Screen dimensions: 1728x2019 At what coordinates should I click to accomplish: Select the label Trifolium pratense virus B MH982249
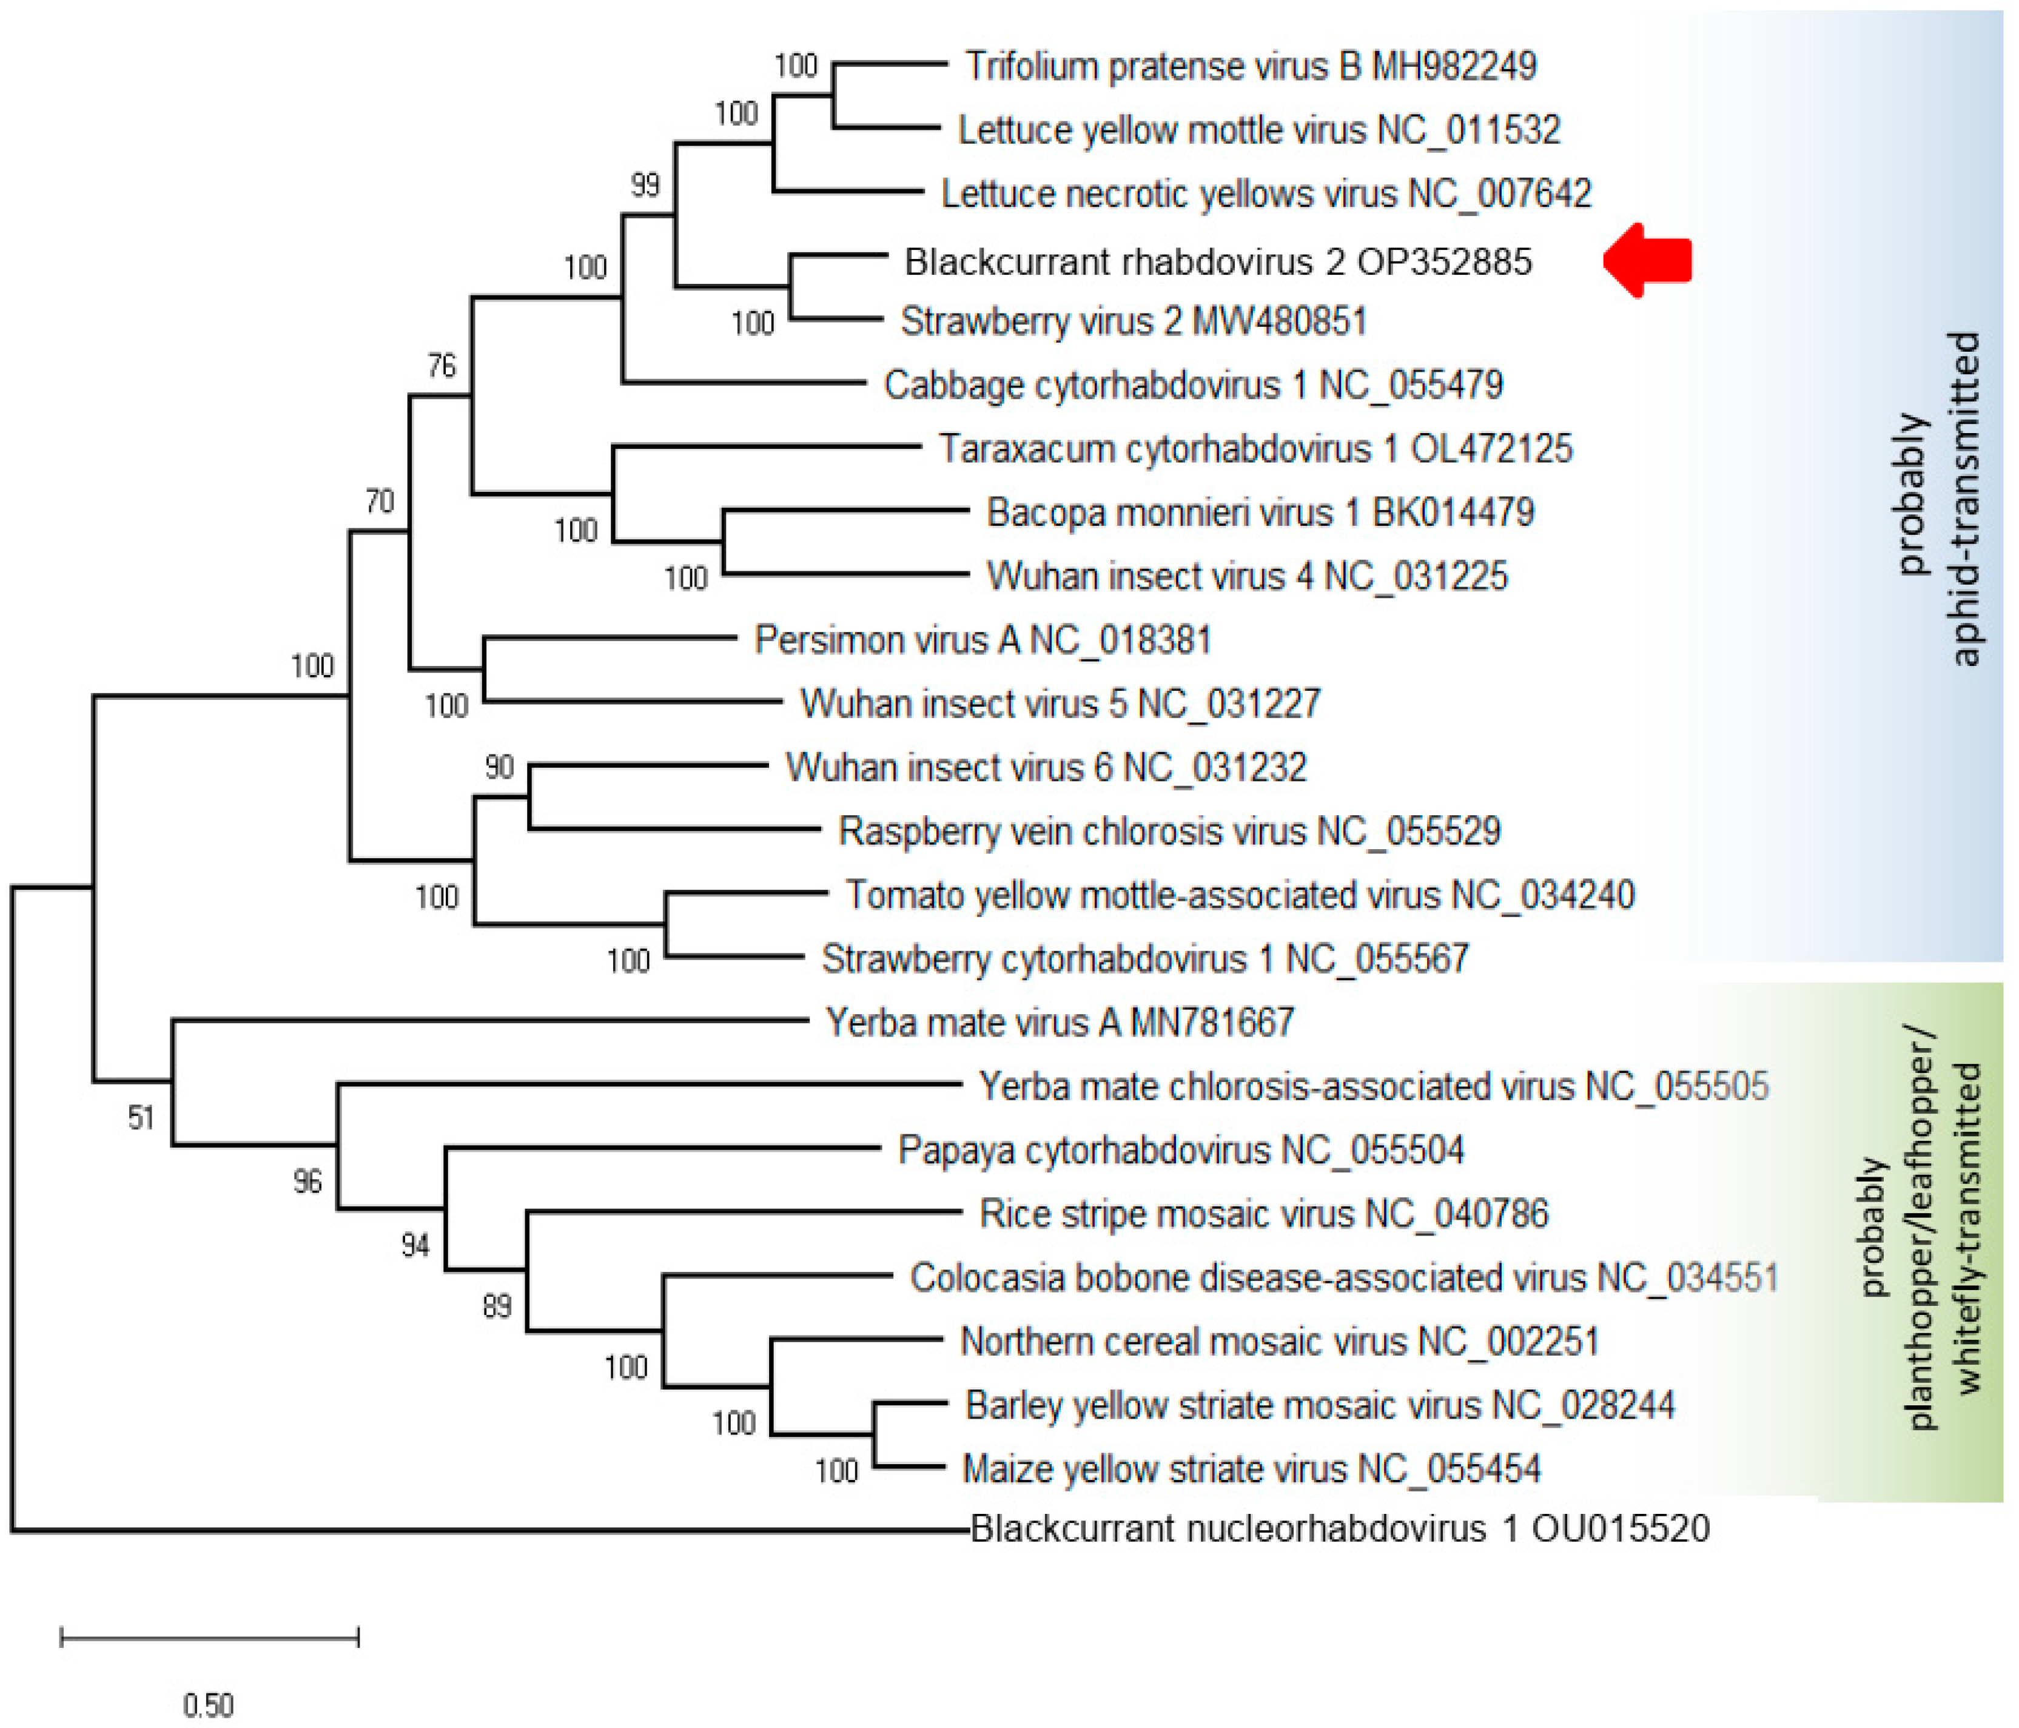point(1250,66)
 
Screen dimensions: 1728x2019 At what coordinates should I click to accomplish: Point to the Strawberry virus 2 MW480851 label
point(1134,321)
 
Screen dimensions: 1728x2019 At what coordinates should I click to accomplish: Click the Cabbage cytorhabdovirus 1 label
point(1193,385)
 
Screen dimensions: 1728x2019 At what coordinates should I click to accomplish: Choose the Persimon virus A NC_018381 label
point(983,640)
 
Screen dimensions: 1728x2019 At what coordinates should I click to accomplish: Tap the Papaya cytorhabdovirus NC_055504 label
point(1180,1150)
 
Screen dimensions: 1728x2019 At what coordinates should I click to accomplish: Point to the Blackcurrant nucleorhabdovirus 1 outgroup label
point(1340,1527)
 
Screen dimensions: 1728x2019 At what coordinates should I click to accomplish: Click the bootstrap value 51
point(141,1118)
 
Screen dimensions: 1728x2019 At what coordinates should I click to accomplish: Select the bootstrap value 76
point(442,366)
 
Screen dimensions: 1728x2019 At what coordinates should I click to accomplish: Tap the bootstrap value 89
point(497,1306)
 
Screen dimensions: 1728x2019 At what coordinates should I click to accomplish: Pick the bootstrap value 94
point(415,1245)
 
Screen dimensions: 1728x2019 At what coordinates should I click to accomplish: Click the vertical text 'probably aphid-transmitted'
point(1938,497)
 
